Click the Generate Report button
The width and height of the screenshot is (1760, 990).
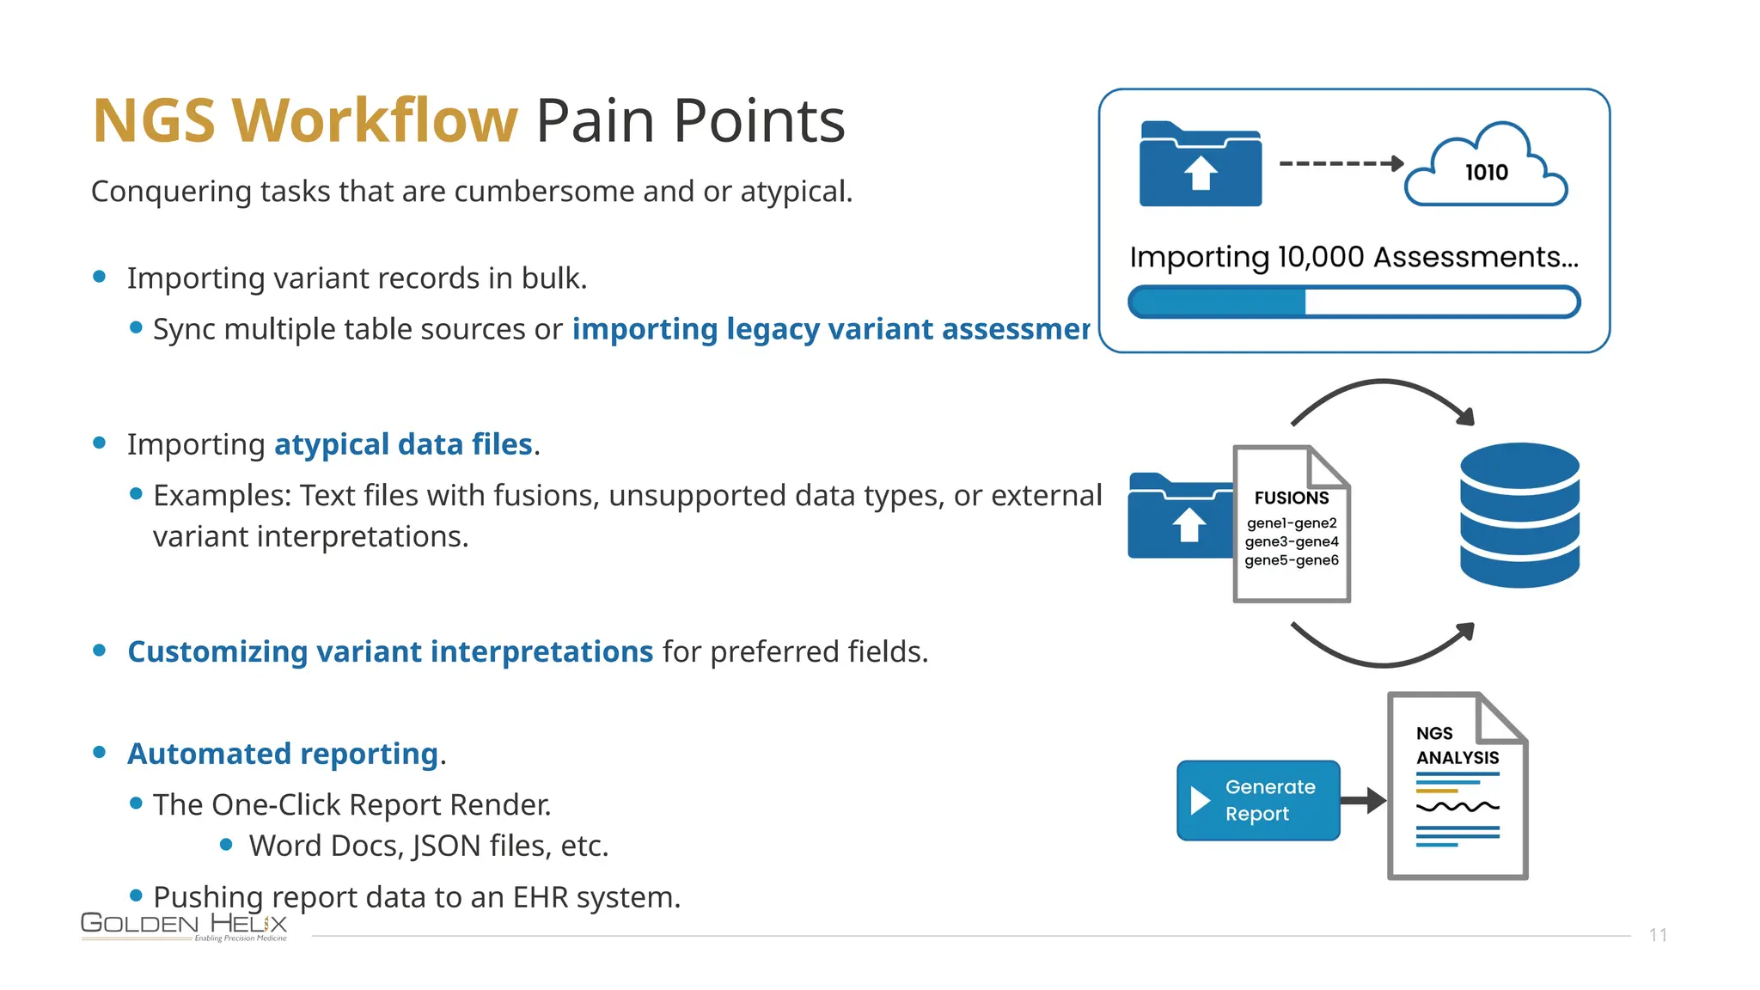(x=1257, y=800)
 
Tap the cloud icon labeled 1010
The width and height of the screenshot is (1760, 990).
(x=1486, y=168)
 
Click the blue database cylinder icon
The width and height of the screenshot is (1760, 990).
(x=1519, y=515)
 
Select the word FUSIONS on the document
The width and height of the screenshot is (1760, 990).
(x=1291, y=498)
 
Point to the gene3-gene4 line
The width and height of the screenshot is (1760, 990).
(x=1291, y=541)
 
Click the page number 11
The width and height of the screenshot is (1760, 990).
(x=1658, y=935)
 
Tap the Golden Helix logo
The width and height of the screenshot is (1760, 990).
(x=184, y=926)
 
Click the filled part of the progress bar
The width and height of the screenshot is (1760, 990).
(x=1219, y=302)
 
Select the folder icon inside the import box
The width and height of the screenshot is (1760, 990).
(x=1200, y=165)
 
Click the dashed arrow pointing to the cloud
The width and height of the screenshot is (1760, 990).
(x=1341, y=163)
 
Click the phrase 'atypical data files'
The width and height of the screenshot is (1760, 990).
(x=403, y=444)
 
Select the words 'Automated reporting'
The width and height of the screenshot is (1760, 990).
(x=283, y=754)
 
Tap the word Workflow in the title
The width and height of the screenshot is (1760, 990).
(x=376, y=120)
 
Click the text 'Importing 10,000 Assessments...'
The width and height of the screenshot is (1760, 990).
(x=1354, y=257)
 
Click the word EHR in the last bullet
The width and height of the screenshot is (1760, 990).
(x=541, y=897)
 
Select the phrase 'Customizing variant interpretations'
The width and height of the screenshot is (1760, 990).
(x=390, y=651)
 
